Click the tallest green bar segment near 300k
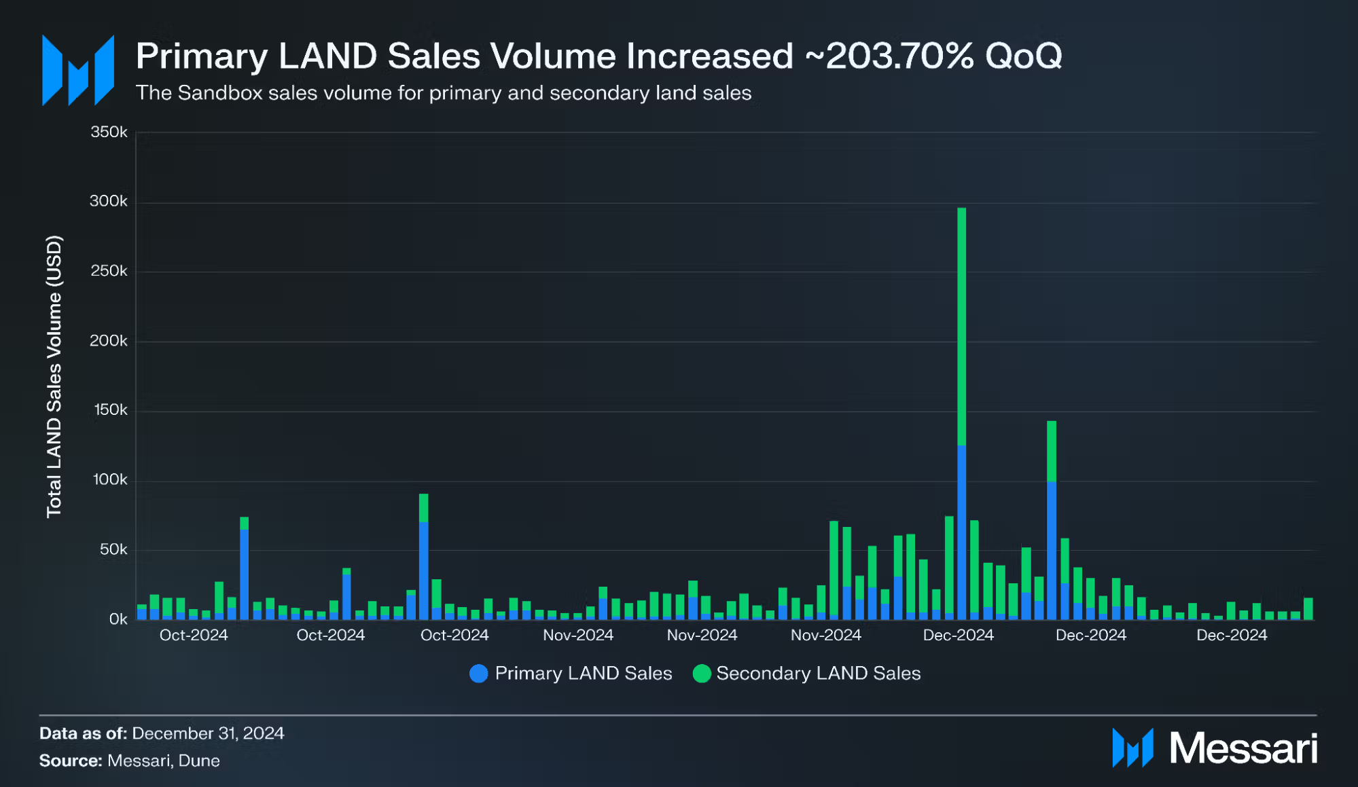(x=961, y=326)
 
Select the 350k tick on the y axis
(x=109, y=132)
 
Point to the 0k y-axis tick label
(x=118, y=619)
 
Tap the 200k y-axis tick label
(x=109, y=341)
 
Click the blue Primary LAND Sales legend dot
(x=479, y=674)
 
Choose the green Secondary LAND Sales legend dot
(x=701, y=674)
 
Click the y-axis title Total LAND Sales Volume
(x=54, y=377)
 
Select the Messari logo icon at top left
(x=77, y=71)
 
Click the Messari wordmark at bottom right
(x=1243, y=748)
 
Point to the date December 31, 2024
(x=208, y=733)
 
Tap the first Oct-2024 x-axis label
(x=194, y=636)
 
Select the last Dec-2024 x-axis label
(x=1231, y=636)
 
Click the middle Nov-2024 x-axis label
(x=702, y=636)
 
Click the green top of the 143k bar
(x=1052, y=451)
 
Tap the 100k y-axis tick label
(x=109, y=480)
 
